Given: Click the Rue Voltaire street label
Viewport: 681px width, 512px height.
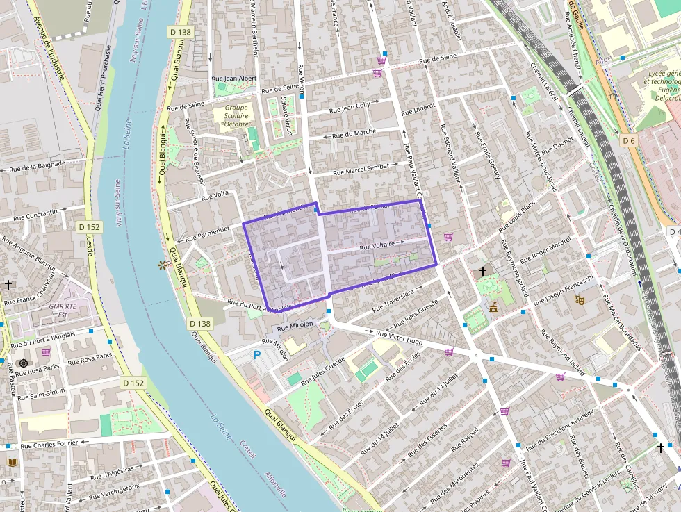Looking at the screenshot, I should tap(377, 245).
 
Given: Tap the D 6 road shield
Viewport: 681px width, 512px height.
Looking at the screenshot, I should tap(628, 141).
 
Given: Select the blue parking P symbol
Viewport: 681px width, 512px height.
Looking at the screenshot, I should tap(257, 355).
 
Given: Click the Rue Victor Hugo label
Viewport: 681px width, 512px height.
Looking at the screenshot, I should tap(399, 338).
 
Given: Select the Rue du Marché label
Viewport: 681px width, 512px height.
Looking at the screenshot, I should tap(354, 132).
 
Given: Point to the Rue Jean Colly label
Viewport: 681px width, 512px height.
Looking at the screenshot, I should tap(350, 107).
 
